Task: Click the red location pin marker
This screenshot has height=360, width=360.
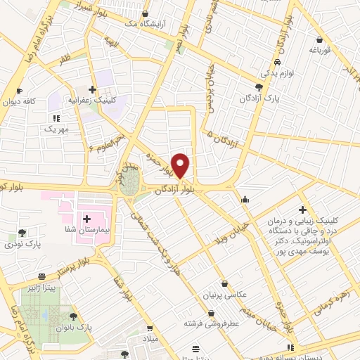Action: tap(181, 166)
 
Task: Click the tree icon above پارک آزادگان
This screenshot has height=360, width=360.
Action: tap(259, 87)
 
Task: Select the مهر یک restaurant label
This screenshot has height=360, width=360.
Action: tap(54, 129)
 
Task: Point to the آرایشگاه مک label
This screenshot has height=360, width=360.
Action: tap(145, 23)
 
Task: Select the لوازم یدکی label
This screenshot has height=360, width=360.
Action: tap(276, 72)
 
